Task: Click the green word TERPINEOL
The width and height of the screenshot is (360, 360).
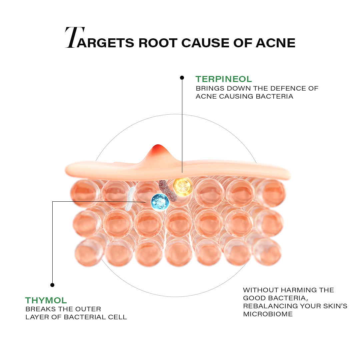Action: pos(224,79)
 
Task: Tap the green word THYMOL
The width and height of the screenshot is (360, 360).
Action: pos(46,300)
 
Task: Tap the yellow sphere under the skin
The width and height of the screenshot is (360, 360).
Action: pos(183,187)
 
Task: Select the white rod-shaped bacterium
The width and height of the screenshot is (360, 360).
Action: pos(130,199)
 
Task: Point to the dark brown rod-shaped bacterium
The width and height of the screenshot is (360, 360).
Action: pos(168,191)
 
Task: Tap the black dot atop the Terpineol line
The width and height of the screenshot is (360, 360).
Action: pos(182,78)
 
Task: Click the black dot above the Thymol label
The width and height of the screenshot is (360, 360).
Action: pos(52,285)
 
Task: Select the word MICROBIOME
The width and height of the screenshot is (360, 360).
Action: pos(268,314)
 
